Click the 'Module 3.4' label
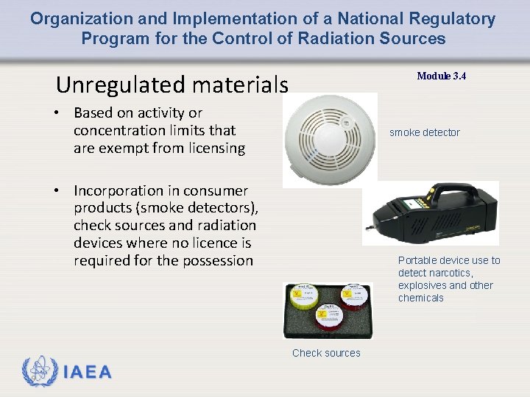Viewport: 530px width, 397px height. (441, 76)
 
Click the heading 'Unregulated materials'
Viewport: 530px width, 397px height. (172, 85)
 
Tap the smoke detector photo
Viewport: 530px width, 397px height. (330, 140)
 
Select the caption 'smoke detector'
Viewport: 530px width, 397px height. (424, 132)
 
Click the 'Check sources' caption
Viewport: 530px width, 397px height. (326, 353)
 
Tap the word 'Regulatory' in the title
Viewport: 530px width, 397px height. (453, 19)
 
